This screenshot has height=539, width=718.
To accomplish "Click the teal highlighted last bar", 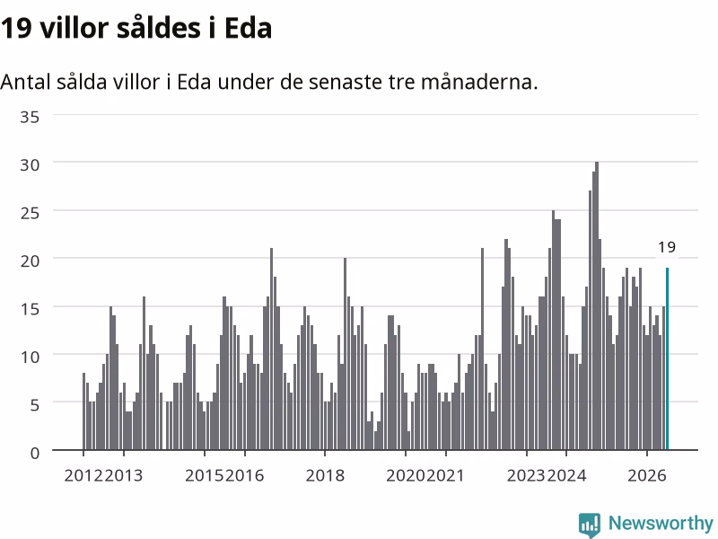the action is (667, 358).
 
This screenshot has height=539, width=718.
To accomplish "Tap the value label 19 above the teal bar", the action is (667, 247).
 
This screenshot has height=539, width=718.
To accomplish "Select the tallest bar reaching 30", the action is (597, 305).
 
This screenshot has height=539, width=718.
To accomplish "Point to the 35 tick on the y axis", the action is (30, 117).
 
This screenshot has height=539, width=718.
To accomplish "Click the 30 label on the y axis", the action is (30, 164).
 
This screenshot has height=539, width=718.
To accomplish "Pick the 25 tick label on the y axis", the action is (30, 213).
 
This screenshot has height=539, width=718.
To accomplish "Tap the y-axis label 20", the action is (30, 261).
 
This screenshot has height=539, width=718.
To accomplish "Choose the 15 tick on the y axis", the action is (30, 308).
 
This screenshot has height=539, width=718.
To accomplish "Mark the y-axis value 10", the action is (30, 357).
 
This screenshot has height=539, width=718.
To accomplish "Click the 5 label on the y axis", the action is (35, 405).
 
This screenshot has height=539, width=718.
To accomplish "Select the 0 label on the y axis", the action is (35, 453).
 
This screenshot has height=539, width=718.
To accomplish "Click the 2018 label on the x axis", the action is (325, 475).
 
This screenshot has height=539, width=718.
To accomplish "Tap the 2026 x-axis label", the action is (646, 475).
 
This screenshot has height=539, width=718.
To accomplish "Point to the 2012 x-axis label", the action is (83, 475).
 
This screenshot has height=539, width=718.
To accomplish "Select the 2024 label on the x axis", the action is (566, 475).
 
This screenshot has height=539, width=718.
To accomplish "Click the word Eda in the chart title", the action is (249, 28).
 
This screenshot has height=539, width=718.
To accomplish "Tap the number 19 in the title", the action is (16, 28).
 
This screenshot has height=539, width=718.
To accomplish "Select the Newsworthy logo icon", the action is (590, 525).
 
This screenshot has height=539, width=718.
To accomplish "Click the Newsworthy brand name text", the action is (661, 523).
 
